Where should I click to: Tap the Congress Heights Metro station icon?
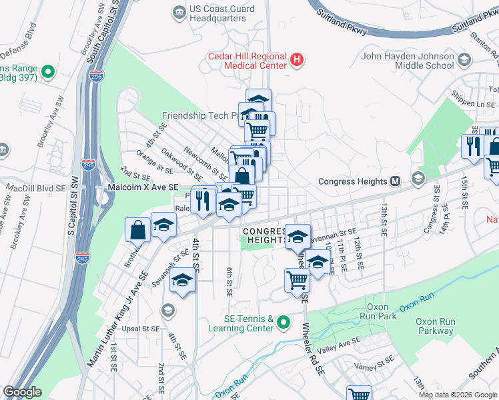[x=395, y=181]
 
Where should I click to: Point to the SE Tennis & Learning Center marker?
[x=283, y=323]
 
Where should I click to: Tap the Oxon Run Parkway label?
[x=435, y=326]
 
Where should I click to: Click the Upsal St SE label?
[x=141, y=329]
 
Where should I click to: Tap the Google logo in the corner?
[x=22, y=391]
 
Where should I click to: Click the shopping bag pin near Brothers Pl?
[x=137, y=231]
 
